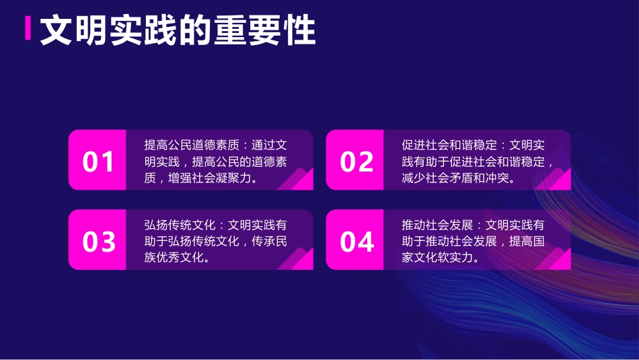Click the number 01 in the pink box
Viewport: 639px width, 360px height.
click(98, 161)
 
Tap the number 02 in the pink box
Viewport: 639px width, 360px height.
click(356, 161)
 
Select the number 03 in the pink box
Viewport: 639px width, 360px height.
click(98, 242)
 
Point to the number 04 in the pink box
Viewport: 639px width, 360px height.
click(356, 242)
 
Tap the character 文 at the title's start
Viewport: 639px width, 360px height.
click(57, 30)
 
